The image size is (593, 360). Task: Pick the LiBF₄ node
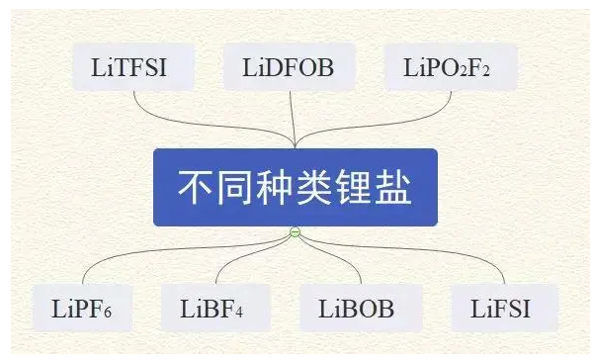[x=212, y=309]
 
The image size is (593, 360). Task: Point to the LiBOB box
[x=356, y=309]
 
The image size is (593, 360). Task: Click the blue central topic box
[x=295, y=187]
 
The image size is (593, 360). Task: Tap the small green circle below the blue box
[x=295, y=232]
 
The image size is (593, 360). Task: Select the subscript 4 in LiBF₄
[x=237, y=315]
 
